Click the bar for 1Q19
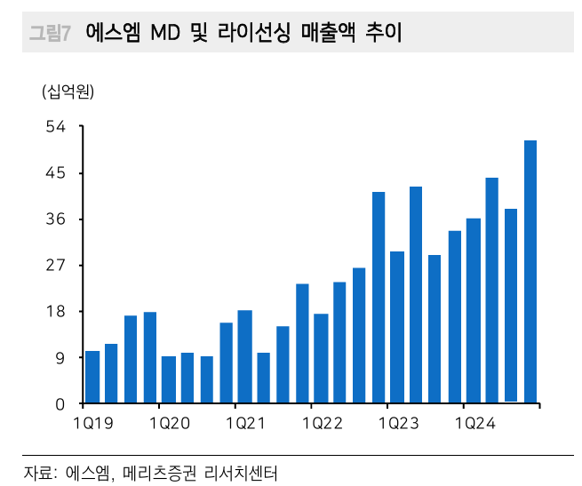pos(92,378)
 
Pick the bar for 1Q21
pos(244,357)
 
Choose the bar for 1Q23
pos(397,328)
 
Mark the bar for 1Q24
pos(473,311)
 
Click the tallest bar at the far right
pos(530,272)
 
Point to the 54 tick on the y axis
pos(55,127)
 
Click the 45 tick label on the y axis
pos(55,173)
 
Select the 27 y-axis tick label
pos(55,266)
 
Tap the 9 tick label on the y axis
pos(60,358)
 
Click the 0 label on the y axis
pos(60,404)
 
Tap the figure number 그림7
pos(50,34)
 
